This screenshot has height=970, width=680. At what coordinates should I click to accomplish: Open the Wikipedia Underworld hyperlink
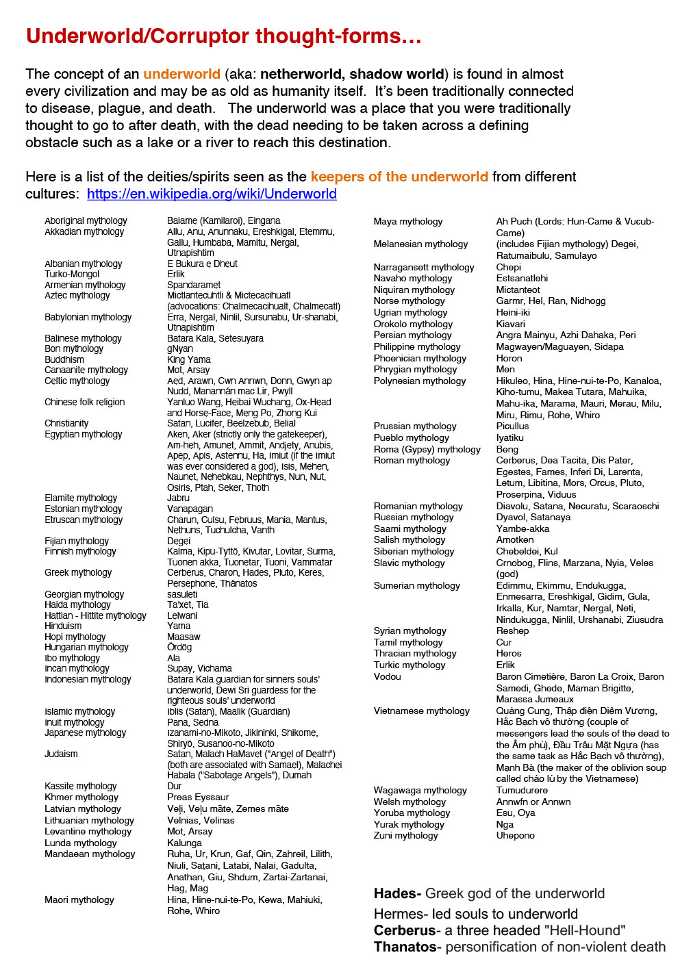(212, 194)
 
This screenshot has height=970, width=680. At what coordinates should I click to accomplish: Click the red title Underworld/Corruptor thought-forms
(223, 36)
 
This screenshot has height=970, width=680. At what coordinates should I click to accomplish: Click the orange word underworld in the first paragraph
(181, 74)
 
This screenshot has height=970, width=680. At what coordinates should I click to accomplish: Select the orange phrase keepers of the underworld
(399, 177)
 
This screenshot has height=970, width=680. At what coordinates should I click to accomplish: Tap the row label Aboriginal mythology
(86, 220)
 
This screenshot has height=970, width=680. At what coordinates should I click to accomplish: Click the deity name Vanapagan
(190, 509)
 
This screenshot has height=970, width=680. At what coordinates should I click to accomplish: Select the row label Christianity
(66, 423)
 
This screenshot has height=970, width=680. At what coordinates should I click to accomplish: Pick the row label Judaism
(61, 754)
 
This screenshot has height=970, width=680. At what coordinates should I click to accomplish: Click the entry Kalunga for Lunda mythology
(184, 843)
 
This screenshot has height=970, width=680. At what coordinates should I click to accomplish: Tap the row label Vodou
(387, 676)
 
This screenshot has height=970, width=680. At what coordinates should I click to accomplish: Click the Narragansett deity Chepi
(508, 267)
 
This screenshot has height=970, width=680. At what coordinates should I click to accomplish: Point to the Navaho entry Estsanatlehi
(522, 278)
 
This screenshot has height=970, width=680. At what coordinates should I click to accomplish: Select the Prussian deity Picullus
(512, 426)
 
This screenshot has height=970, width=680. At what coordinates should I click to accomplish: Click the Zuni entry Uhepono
(515, 835)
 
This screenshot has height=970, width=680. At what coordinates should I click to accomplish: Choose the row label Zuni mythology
(405, 835)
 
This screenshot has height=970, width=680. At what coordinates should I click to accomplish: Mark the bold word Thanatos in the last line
(405, 947)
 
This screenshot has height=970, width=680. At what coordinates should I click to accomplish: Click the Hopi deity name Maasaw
(184, 637)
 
